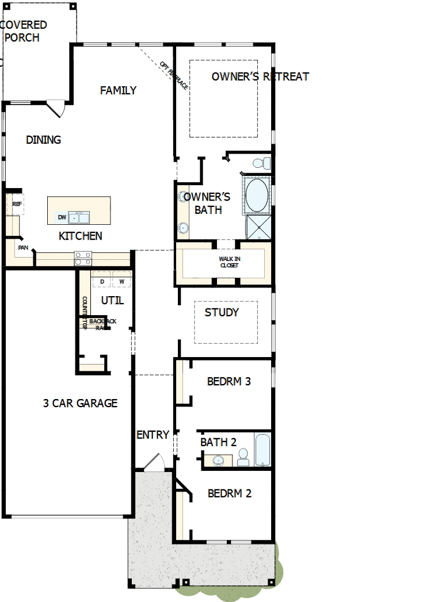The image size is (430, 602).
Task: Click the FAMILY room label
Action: click(118, 90)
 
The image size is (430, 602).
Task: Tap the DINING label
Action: click(44, 140)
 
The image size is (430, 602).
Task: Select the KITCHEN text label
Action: click(81, 236)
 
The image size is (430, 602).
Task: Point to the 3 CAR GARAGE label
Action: click(80, 403)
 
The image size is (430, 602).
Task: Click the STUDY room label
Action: click(222, 312)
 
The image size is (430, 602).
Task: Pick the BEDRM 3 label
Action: click(229, 381)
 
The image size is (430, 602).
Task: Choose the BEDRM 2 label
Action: click(229, 493)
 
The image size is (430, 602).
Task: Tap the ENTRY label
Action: click(153, 435)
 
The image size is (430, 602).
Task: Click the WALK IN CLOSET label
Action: click(229, 262)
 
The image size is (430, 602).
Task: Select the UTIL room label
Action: click(112, 300)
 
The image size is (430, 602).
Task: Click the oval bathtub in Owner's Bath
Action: click(257, 195)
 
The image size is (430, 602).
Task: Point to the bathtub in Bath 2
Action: click(262, 450)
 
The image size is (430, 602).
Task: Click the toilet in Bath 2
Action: click(243, 458)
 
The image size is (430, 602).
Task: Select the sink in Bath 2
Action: click(218, 460)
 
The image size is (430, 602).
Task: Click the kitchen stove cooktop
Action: click(82, 258)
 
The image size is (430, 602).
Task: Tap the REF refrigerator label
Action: click(17, 204)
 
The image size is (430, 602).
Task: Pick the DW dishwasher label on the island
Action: click(62, 217)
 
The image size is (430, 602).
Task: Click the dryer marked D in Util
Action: click(102, 281)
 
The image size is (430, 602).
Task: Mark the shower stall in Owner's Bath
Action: click(258, 227)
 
